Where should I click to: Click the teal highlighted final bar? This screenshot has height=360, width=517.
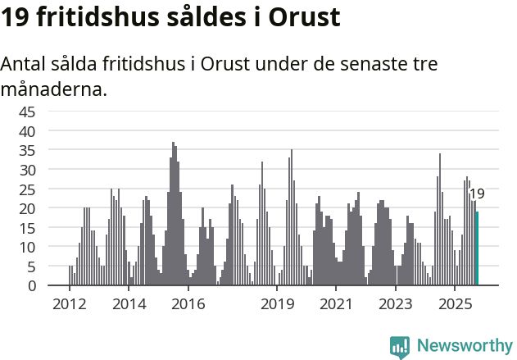point(477,248)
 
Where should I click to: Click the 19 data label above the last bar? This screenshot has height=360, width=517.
point(477,194)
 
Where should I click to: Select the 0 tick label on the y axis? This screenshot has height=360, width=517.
point(31,286)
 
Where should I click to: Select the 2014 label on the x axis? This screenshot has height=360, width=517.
point(129,305)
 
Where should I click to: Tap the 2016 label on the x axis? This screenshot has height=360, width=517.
point(188,305)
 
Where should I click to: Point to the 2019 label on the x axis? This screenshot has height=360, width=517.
point(277,305)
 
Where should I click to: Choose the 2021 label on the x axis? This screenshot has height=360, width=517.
point(336,305)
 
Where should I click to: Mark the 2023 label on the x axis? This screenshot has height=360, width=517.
point(395,305)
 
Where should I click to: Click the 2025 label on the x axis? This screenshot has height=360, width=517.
point(455,305)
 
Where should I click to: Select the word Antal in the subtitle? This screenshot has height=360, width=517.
point(24,65)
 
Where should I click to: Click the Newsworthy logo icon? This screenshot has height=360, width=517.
point(400,346)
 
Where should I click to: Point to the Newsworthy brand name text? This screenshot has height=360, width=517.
point(464,346)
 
